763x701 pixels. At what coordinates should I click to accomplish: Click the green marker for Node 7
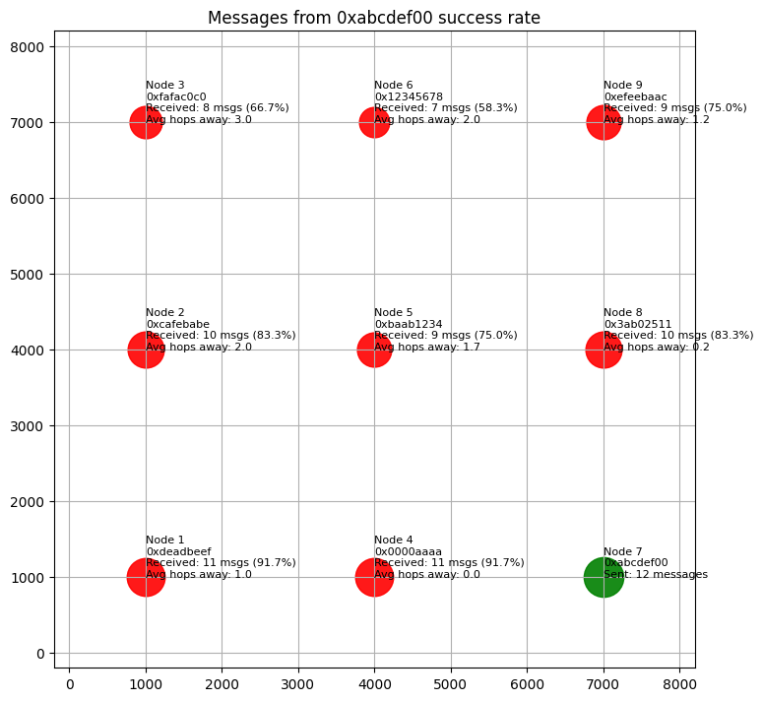coord(604,577)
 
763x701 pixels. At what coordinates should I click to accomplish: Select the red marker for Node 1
coord(146,577)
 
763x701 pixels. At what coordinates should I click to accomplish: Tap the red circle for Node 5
coord(374,350)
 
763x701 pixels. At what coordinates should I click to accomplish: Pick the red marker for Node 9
coord(604,122)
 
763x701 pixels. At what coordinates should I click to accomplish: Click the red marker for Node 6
coord(374,122)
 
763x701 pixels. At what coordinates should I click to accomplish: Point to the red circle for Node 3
coord(146,122)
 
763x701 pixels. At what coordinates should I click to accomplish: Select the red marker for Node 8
coord(604,350)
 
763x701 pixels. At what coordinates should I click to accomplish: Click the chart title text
coord(374,18)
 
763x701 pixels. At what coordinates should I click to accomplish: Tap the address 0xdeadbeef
coord(178,551)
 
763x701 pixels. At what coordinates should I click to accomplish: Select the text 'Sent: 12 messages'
coord(656,574)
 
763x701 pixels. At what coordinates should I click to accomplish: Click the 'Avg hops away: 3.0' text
coord(199,119)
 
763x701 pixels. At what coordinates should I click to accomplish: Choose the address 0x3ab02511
coord(637,324)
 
